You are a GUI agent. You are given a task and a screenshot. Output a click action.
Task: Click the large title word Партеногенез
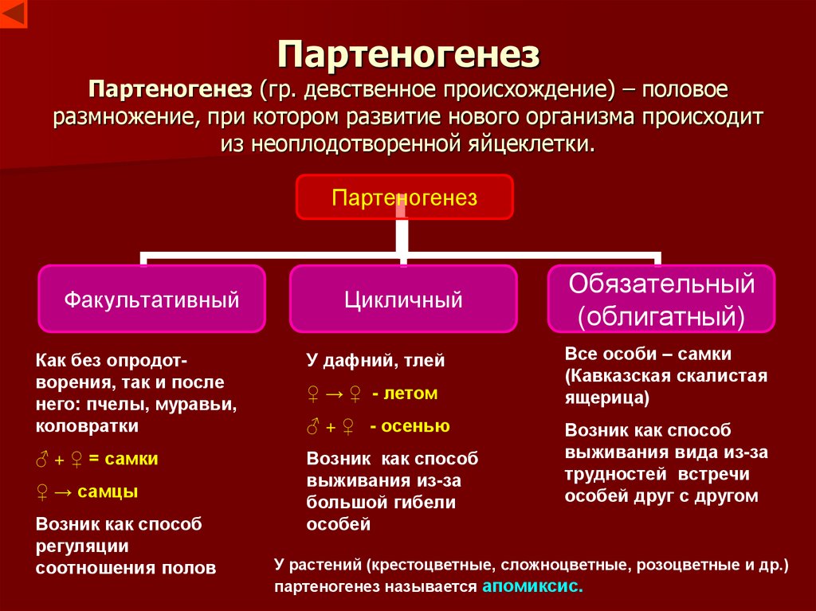pos(408,55)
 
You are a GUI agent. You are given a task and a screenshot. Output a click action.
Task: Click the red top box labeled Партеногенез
pos(405,198)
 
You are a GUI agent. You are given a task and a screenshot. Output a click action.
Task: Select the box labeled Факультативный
pos(151,300)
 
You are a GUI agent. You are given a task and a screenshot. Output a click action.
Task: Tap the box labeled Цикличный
pos(403,300)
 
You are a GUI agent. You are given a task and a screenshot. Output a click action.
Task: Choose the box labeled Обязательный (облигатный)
pos(661,300)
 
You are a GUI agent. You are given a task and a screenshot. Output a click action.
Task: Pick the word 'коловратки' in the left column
pos(87,426)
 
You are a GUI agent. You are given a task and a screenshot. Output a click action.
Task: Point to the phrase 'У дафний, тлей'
pos(375,361)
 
